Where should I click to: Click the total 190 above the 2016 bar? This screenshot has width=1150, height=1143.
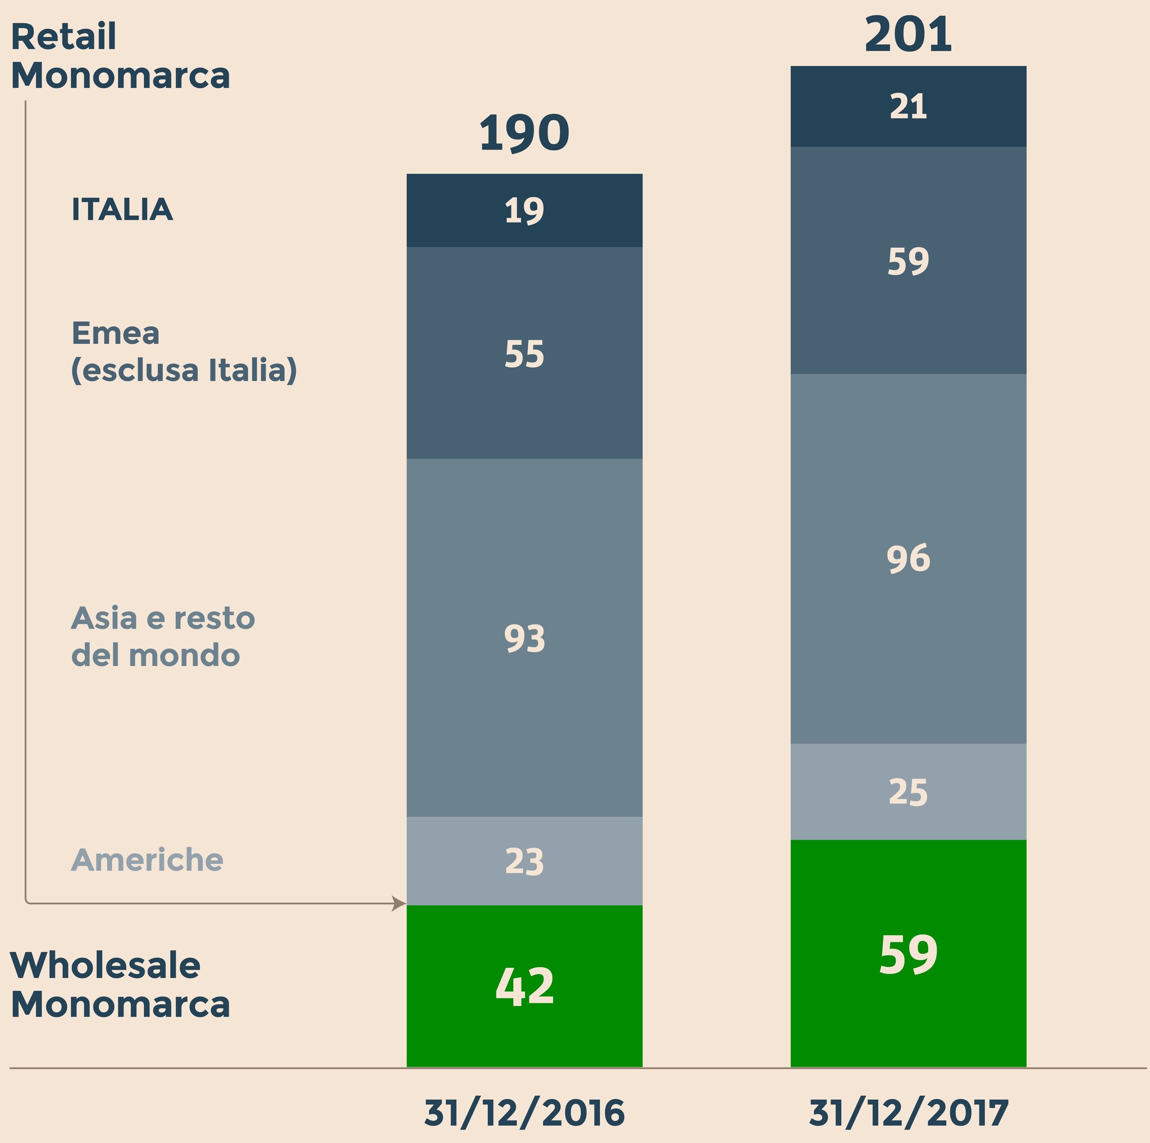(524, 133)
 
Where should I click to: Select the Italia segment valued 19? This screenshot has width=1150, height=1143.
(524, 211)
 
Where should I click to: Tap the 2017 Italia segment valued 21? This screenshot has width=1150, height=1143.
(908, 107)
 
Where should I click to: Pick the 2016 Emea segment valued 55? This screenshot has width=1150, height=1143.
(524, 354)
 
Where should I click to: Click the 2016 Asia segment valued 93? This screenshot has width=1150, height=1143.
(524, 638)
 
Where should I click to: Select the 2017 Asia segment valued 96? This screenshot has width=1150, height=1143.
(908, 558)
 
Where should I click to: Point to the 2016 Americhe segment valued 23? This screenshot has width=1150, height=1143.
(524, 862)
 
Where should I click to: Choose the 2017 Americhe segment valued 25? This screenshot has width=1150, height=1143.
(908, 792)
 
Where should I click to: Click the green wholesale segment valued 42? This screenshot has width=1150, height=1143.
(524, 987)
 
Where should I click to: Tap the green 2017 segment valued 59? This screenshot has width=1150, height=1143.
(908, 955)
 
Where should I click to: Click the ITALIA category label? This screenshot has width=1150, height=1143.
(122, 210)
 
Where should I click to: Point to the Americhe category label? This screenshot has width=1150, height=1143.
(147, 860)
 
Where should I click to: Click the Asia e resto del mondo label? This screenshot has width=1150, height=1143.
(162, 637)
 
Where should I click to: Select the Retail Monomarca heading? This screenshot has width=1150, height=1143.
(120, 57)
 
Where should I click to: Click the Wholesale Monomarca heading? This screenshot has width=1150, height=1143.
(120, 985)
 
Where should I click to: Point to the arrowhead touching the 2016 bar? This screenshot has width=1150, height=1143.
(399, 904)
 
